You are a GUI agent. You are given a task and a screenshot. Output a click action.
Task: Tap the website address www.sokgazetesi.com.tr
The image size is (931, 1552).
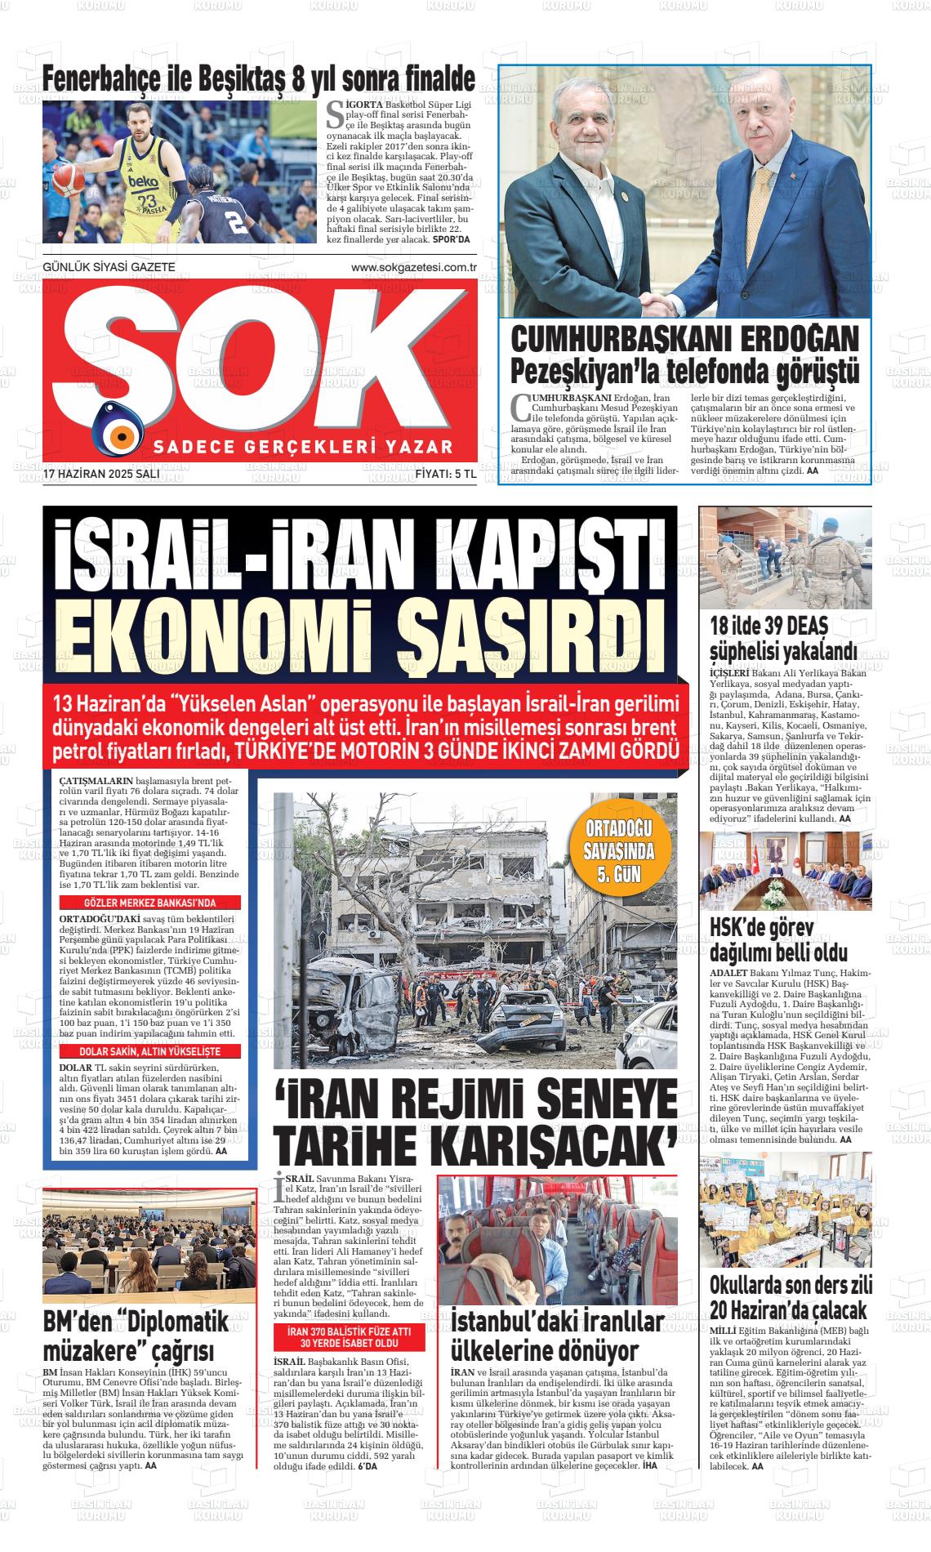(x=413, y=268)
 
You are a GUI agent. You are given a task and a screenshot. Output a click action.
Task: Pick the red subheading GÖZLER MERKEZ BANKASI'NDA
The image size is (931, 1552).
(x=150, y=903)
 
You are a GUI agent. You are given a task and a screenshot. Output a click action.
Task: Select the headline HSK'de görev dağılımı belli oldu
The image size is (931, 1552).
(x=778, y=940)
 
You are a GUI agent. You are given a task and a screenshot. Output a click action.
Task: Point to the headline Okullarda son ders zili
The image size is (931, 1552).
(x=791, y=1284)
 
